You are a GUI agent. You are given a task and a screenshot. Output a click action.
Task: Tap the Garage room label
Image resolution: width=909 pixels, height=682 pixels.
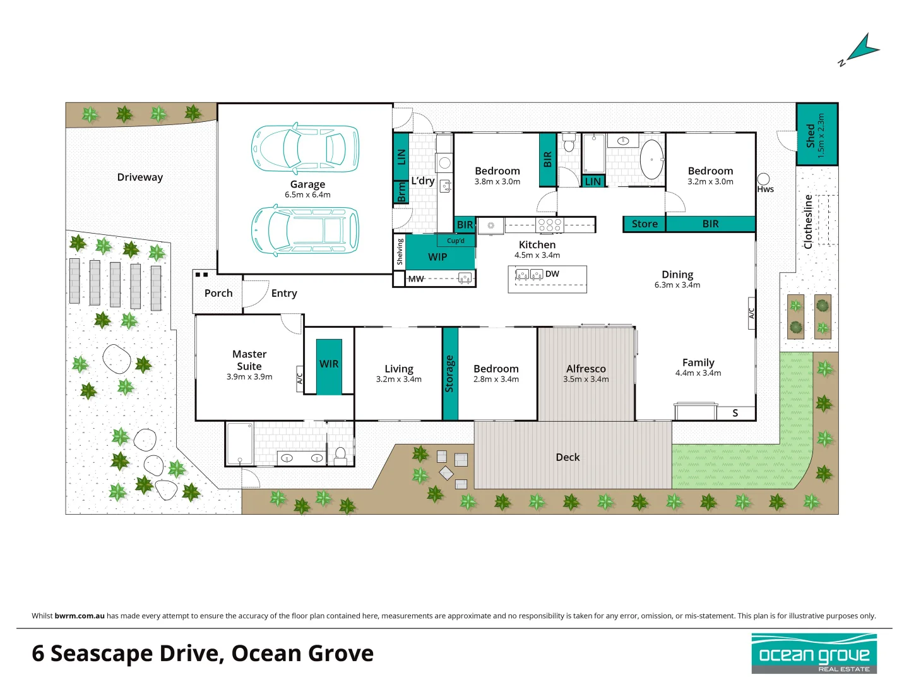(307, 184)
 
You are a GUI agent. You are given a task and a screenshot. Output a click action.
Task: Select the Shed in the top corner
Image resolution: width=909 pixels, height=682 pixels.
(817, 135)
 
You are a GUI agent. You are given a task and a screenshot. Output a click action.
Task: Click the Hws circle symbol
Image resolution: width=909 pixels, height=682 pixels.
(764, 179)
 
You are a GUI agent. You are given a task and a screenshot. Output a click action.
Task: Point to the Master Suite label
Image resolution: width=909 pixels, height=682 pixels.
(249, 360)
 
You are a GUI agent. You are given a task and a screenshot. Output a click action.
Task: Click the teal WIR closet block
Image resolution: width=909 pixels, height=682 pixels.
(329, 366)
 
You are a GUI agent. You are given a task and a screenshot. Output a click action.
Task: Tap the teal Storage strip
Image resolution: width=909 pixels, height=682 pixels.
(449, 374)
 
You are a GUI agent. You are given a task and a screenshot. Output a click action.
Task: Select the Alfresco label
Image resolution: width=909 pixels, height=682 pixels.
(586, 369)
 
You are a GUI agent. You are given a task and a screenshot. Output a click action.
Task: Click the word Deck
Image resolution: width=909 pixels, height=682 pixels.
(567, 457)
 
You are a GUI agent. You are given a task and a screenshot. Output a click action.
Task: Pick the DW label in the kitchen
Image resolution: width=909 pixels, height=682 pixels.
(552, 274)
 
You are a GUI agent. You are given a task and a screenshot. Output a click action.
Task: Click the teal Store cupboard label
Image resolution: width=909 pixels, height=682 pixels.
(645, 224)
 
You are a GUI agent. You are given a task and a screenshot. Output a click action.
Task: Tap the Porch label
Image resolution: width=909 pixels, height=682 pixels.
(218, 294)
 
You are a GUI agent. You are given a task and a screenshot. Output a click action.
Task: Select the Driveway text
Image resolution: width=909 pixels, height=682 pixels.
(140, 177)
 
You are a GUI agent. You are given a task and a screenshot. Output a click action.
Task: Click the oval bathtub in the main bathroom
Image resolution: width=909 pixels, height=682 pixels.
(651, 160)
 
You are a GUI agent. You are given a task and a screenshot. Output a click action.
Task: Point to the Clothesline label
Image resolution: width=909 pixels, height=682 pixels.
(808, 222)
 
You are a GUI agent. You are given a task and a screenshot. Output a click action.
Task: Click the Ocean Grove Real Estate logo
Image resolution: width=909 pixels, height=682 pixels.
(814, 654)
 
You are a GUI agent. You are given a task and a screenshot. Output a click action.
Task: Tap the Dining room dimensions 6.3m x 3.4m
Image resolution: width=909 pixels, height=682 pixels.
(677, 285)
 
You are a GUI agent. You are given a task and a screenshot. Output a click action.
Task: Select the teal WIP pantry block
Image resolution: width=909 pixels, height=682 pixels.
(438, 256)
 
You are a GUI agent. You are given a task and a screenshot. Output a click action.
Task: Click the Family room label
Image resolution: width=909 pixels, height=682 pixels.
(698, 362)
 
